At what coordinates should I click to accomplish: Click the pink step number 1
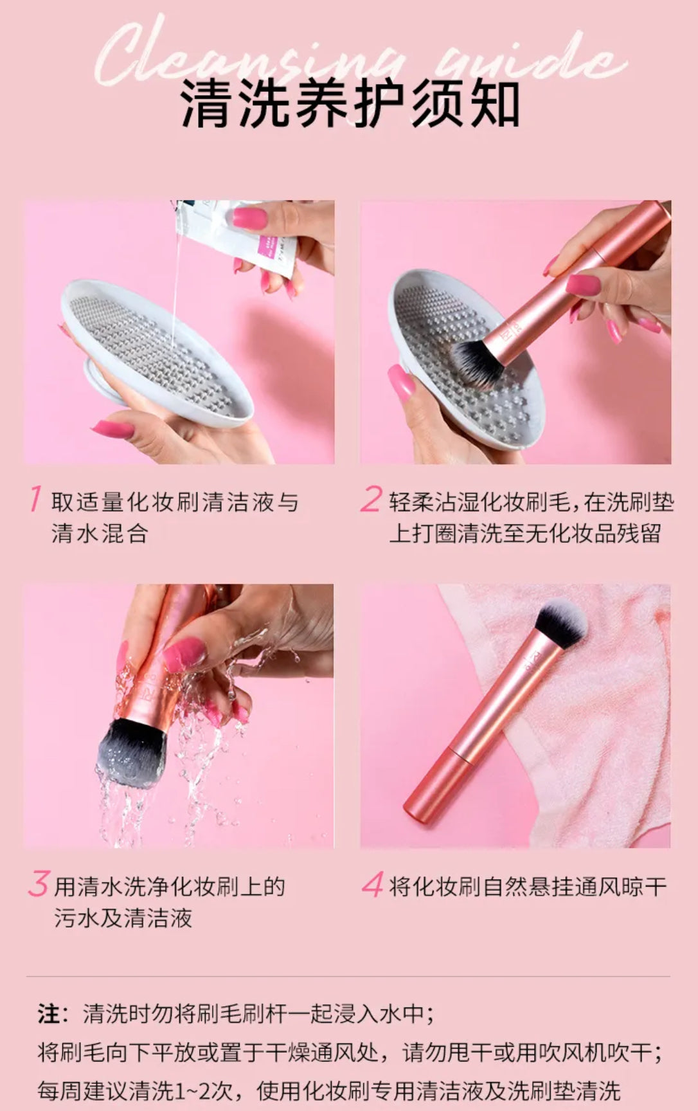[x=36, y=500]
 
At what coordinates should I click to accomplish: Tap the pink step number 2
[x=371, y=500]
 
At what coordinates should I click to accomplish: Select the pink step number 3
[x=39, y=884]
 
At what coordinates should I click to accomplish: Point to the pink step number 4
[x=373, y=885]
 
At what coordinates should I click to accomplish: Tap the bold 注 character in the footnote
[x=48, y=1014]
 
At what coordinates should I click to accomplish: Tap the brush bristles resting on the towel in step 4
[x=560, y=624]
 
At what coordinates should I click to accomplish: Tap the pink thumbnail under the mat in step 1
[x=112, y=429]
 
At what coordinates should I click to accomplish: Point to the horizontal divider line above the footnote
[x=348, y=977]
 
